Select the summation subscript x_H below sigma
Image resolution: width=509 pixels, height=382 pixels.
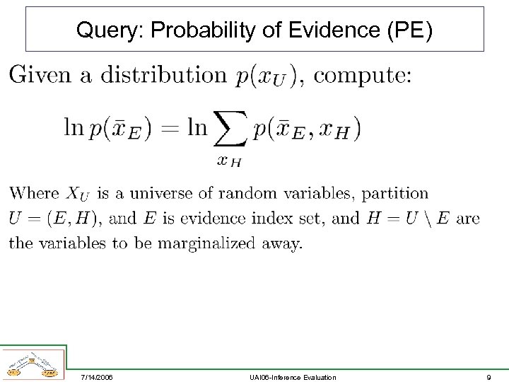tap(230, 161)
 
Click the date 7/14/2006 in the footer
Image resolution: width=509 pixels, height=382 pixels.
tap(96, 377)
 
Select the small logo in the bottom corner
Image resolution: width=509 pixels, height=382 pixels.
tap(33, 364)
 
